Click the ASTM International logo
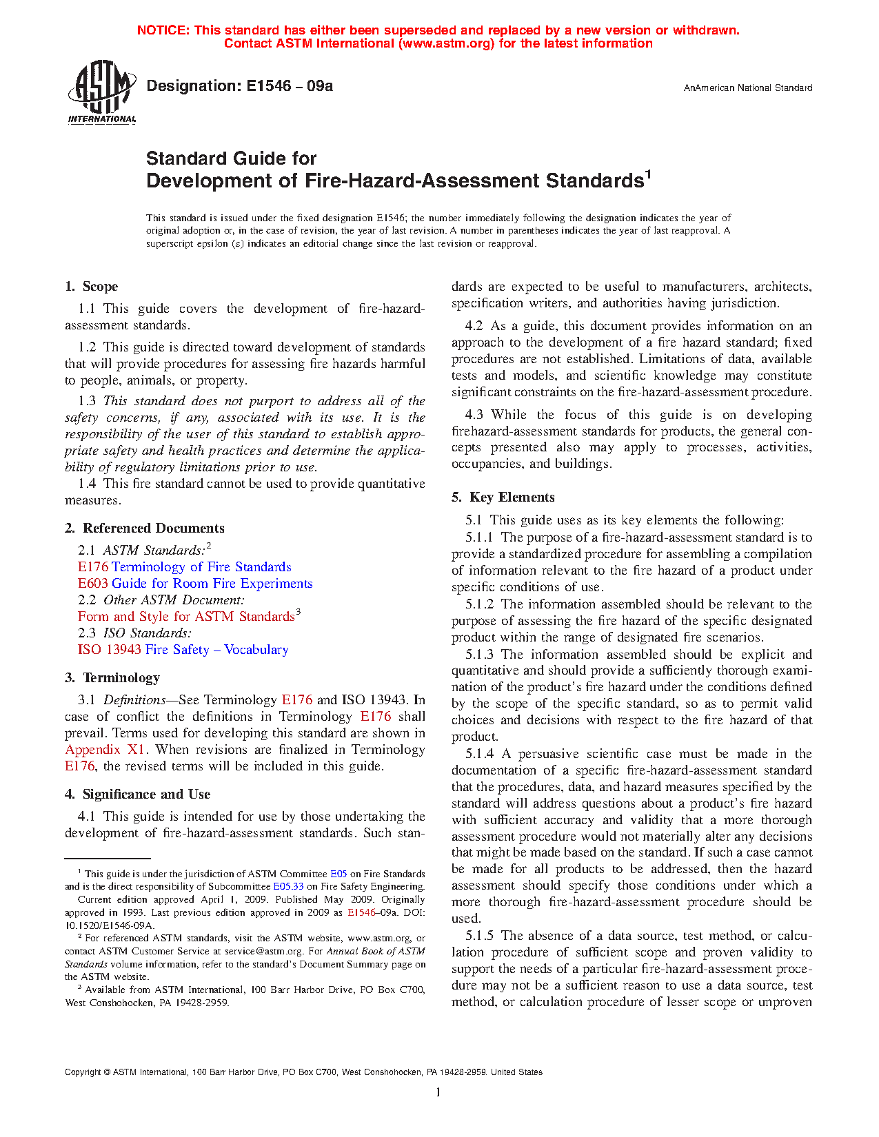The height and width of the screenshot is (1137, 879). [101, 92]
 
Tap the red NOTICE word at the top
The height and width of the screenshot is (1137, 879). [163, 30]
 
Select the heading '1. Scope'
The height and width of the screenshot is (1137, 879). [92, 287]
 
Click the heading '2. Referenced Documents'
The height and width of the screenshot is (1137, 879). [145, 529]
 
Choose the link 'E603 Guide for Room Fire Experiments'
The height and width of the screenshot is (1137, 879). [195, 584]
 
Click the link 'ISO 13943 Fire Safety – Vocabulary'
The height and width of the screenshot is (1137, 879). [183, 650]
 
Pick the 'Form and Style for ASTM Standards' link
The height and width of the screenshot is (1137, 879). [186, 617]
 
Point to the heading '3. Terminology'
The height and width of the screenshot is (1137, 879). [112, 678]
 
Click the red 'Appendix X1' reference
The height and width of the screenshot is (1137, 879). [105, 750]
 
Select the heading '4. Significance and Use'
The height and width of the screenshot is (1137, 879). [137, 795]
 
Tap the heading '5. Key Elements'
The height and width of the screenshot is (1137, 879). [503, 498]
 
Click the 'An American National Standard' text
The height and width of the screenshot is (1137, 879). [747, 88]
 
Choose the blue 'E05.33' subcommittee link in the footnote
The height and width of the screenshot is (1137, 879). [288, 887]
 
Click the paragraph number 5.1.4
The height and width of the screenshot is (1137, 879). [479, 754]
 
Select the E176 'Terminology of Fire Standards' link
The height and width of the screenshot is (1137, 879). [184, 567]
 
